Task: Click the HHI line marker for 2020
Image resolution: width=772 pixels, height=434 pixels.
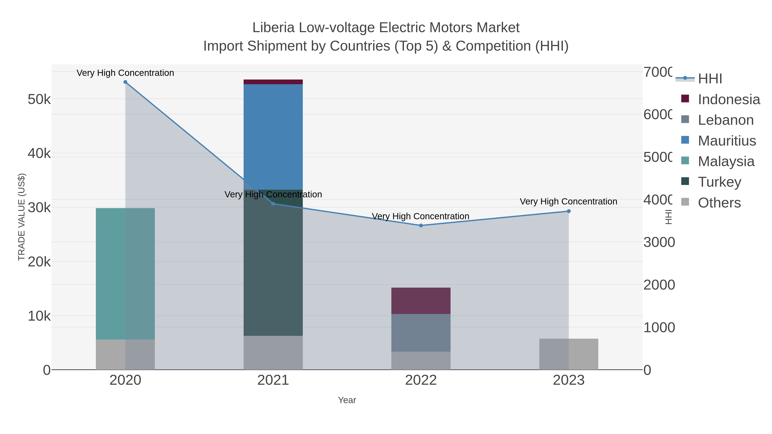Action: (125, 82)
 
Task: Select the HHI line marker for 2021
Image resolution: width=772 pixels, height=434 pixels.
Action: (273, 204)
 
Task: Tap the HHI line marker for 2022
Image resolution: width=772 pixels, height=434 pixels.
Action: (421, 225)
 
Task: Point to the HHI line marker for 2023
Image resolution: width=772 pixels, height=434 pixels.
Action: (568, 211)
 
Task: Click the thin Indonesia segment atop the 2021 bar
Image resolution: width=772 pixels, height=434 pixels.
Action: (273, 82)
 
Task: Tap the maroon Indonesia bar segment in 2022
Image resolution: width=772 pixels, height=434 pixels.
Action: (421, 300)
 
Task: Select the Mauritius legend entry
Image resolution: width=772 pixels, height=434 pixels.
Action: (727, 141)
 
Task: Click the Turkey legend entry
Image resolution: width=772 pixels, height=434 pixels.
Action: (719, 182)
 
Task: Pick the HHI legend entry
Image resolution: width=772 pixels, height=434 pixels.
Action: (709, 79)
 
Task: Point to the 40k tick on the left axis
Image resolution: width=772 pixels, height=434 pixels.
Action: (39, 153)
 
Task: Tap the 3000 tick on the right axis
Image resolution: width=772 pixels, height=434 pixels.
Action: (659, 242)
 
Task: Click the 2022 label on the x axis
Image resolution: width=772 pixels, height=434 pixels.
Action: (421, 380)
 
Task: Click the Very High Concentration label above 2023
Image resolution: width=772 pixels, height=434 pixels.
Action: (568, 202)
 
